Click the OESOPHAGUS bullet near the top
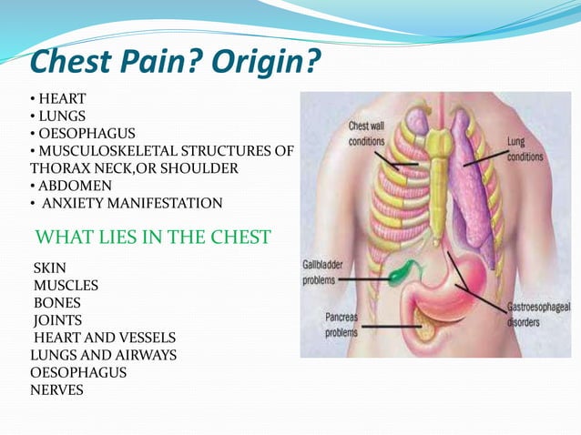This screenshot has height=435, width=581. [82, 134]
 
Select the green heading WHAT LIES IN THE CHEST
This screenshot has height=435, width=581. [152, 238]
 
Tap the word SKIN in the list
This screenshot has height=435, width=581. [50, 269]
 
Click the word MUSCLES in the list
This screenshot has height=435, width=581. [66, 286]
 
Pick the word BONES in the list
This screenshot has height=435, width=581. [56, 303]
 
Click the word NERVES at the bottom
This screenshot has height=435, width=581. [56, 389]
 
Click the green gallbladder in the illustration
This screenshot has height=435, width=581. [401, 270]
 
